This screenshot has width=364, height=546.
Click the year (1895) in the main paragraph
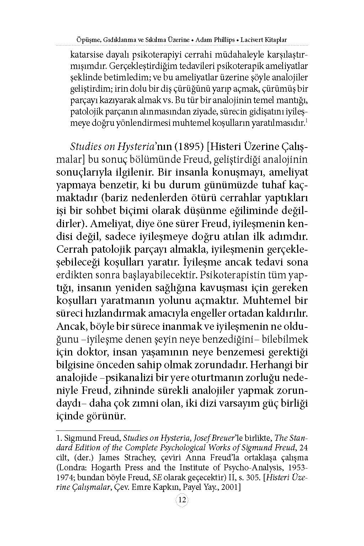point(191,147)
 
